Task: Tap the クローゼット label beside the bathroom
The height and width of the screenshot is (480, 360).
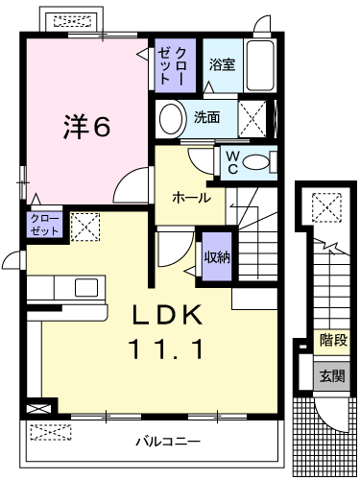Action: click(176, 65)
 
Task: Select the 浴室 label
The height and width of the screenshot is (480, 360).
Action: click(223, 64)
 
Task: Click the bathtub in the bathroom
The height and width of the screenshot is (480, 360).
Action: click(261, 67)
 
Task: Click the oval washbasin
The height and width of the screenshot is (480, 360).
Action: click(173, 120)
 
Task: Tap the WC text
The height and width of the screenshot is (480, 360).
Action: click(231, 162)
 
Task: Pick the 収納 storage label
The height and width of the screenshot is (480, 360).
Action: click(217, 255)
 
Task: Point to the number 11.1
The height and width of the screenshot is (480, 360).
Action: click(166, 349)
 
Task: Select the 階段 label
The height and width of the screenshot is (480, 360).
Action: click(333, 339)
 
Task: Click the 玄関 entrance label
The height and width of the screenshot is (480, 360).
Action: click(333, 374)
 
